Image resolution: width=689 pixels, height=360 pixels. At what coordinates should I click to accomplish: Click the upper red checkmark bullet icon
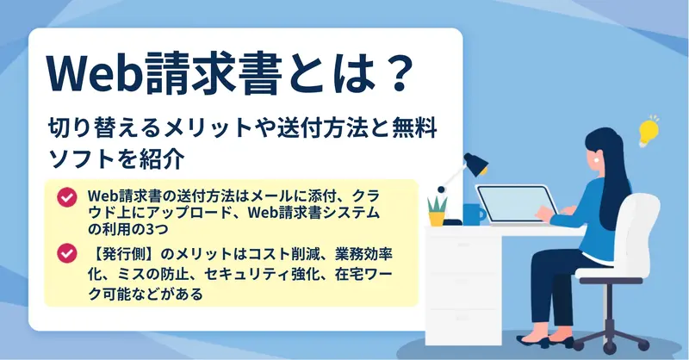pyautogui.click(x=67, y=197)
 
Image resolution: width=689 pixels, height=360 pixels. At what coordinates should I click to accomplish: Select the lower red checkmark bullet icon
pyautogui.click(x=67, y=253)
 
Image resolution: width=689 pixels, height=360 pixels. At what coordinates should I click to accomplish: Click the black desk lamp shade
pyautogui.click(x=475, y=164)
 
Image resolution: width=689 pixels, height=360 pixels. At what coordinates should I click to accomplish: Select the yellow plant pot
pyautogui.click(x=437, y=219)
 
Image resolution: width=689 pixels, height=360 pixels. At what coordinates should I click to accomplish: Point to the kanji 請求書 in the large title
pyautogui.click(x=212, y=73)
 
